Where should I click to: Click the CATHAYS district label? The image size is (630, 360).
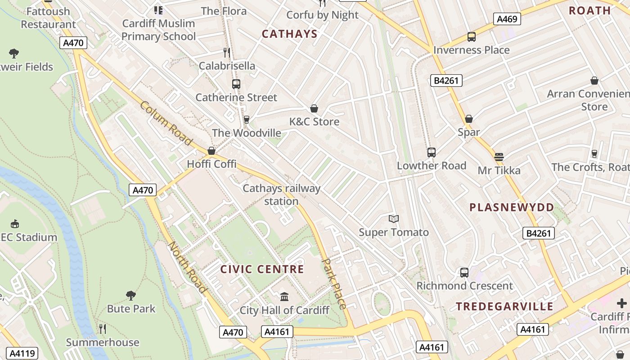(x=290, y=34)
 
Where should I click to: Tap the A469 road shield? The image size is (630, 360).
(x=507, y=19)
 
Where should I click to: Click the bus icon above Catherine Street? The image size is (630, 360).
(x=236, y=84)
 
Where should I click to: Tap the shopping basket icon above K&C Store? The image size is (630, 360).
(x=314, y=108)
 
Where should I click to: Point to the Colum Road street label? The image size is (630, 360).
(x=166, y=123)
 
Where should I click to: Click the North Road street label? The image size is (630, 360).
(x=187, y=267)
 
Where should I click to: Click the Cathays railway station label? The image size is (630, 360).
(x=281, y=194)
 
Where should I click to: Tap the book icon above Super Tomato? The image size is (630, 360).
(x=394, y=219)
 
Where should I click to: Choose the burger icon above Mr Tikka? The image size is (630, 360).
(x=499, y=157)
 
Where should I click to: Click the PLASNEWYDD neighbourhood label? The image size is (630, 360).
(x=512, y=207)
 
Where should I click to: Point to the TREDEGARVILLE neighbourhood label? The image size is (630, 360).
(x=504, y=307)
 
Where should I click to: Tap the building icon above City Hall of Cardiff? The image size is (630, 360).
(x=284, y=297)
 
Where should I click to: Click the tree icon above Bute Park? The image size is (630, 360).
(x=131, y=295)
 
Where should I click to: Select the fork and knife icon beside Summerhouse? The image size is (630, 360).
(x=103, y=329)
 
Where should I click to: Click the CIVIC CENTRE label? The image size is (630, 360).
(x=262, y=270)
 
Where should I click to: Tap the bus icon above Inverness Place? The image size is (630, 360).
(x=471, y=37)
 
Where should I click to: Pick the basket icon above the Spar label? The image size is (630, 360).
(x=468, y=119)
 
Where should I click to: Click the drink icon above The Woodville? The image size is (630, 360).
(x=246, y=119)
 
